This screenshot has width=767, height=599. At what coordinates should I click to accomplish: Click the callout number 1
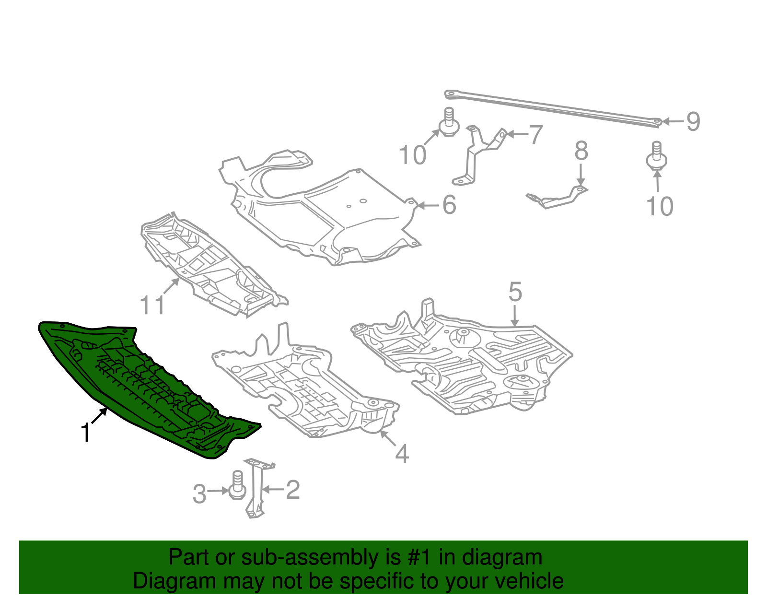[86, 433]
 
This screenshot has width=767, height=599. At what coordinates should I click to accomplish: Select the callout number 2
[293, 490]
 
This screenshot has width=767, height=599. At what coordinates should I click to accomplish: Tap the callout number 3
[199, 494]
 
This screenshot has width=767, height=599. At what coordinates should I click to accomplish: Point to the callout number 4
[402, 454]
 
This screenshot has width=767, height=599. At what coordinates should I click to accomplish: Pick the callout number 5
[515, 292]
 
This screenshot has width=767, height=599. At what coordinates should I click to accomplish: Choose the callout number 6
[449, 205]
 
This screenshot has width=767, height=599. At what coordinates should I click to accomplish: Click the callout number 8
[581, 151]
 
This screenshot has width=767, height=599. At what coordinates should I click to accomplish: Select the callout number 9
[693, 121]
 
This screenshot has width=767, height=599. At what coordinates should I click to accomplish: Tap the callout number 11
[152, 305]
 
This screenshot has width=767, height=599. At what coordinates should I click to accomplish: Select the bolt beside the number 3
[237, 486]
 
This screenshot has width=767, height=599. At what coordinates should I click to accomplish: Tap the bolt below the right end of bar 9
[657, 156]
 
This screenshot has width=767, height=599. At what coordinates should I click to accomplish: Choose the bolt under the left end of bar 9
[449, 122]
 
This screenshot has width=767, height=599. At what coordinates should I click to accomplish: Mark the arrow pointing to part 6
[428, 206]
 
